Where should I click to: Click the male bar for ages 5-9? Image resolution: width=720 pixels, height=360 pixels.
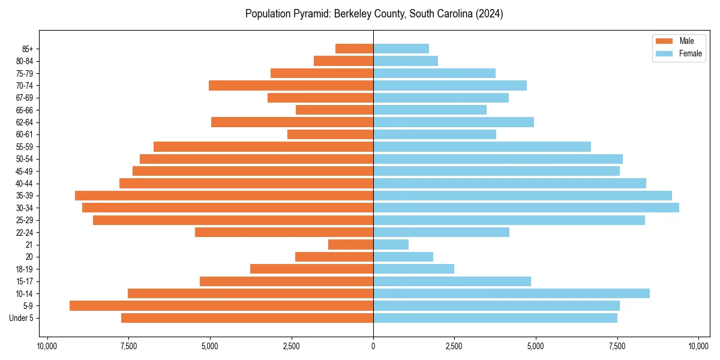(221, 306)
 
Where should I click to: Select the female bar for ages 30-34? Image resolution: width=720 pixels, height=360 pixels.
(526, 208)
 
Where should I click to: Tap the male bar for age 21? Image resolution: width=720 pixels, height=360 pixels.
(350, 245)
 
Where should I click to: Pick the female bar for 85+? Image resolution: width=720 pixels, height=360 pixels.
(401, 49)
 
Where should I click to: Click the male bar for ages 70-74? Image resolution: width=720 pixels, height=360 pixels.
(291, 85)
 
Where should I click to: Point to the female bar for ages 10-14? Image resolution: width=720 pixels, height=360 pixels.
(511, 293)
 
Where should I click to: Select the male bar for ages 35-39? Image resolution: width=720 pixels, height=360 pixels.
(224, 196)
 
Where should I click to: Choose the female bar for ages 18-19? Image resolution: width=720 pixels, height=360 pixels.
(413, 269)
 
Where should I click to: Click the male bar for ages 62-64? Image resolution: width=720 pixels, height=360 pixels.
(292, 122)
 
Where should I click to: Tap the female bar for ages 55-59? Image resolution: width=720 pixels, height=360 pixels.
(482, 146)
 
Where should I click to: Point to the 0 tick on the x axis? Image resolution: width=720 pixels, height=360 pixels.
(373, 346)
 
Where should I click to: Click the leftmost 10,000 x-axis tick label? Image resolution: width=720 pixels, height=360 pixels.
(47, 346)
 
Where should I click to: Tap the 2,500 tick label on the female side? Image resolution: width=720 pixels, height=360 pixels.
(454, 346)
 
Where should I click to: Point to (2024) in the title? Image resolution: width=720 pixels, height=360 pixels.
(489, 14)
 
